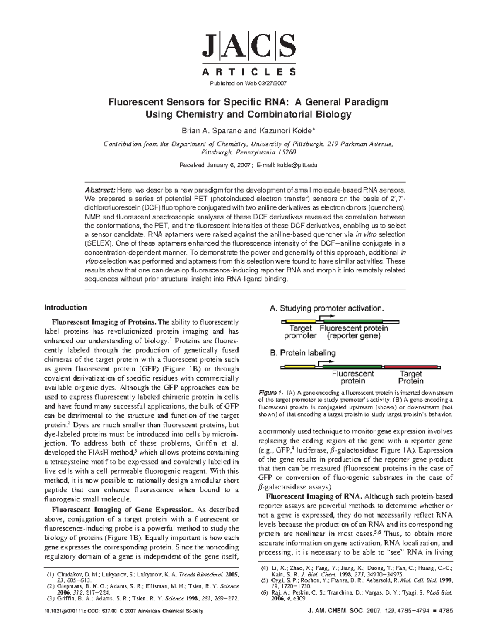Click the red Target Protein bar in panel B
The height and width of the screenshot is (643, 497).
[x=411, y=367]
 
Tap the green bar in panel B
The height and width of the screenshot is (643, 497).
[x=352, y=367]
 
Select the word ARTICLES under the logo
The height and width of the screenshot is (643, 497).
[x=249, y=72]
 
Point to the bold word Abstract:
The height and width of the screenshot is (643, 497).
[x=100, y=190]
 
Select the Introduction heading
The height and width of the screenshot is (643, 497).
[x=65, y=307]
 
